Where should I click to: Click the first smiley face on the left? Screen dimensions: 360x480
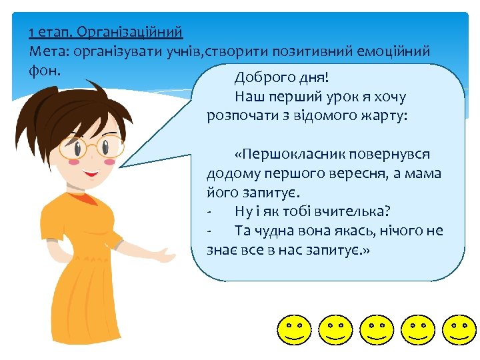point(295,329)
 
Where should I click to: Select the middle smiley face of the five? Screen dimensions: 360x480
point(377,329)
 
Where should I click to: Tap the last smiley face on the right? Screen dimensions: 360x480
point(459,329)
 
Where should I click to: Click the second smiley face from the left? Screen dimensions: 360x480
point(335,329)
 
